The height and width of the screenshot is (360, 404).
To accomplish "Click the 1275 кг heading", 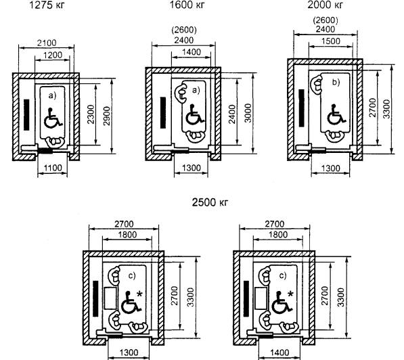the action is point(47,5).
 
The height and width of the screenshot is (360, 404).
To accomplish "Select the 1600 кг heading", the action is point(187,5).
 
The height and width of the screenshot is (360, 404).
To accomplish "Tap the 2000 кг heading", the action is point(326,5).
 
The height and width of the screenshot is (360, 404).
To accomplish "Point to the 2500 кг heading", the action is point(210,202).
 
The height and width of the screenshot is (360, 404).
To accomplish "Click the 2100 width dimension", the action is point(47,43).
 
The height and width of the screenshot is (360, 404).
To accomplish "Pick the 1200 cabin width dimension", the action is point(53,55).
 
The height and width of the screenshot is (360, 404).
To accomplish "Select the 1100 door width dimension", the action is point(53,168).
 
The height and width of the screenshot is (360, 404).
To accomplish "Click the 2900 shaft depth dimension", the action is point(106,116).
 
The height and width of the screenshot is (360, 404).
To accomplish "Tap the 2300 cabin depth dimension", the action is point(91,114).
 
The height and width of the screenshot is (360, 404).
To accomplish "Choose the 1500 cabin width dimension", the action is point(330,41).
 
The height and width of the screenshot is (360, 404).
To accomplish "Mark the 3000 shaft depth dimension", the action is point(248,113).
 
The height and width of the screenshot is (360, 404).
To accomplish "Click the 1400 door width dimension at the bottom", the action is point(279,352).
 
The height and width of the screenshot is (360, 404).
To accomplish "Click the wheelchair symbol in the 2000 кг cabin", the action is point(336,114).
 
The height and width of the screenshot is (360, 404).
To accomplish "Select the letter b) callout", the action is point(336,82).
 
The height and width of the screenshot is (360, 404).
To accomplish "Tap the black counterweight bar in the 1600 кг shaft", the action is point(163,112).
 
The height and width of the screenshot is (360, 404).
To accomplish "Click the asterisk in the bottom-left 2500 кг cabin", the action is point(139,294).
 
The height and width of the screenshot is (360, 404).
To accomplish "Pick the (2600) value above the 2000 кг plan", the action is point(326,20).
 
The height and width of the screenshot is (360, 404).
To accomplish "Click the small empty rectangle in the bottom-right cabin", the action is point(261,298).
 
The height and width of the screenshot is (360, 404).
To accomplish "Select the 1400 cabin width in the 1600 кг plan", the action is point(192,52).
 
